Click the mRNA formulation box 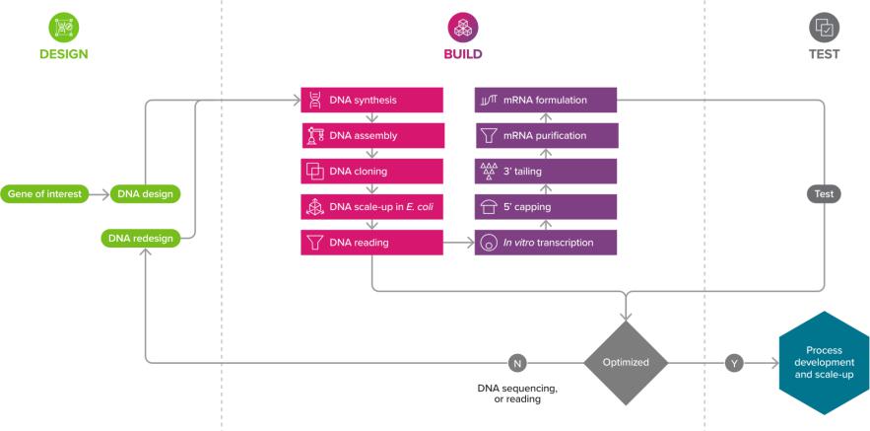tap(546, 100)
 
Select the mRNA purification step tap(546, 135)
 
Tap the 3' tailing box tap(546, 171)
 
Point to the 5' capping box tap(546, 206)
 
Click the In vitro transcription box tap(546, 242)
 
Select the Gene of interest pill tap(44, 193)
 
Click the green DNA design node tap(145, 193)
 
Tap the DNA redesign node tap(141, 238)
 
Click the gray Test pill tap(825, 193)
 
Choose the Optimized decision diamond tap(626, 362)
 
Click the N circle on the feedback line tap(517, 363)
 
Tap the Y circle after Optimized tap(734, 363)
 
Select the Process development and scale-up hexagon tap(823, 362)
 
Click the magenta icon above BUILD tap(463, 26)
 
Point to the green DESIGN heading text tap(64, 54)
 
